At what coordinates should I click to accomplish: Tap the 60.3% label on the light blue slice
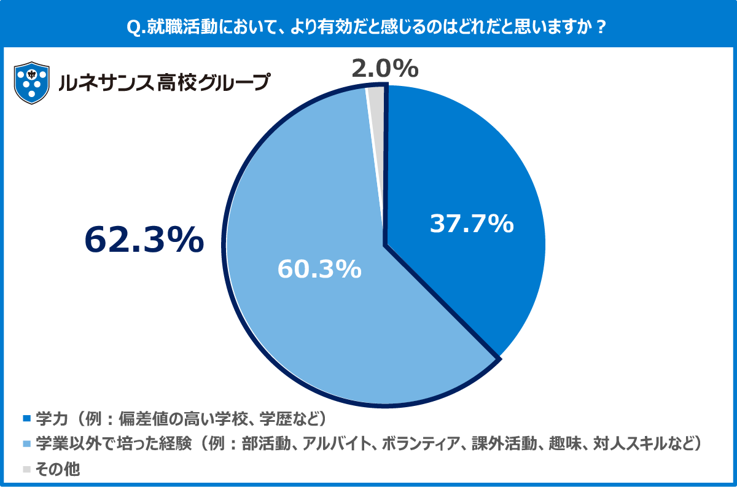[319, 269]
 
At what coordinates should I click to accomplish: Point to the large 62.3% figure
[144, 240]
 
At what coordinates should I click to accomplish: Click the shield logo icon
[31, 82]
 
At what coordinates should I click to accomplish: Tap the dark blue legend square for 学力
[26, 419]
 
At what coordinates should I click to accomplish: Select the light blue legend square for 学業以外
[26, 443]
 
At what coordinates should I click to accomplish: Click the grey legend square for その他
[26, 469]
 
